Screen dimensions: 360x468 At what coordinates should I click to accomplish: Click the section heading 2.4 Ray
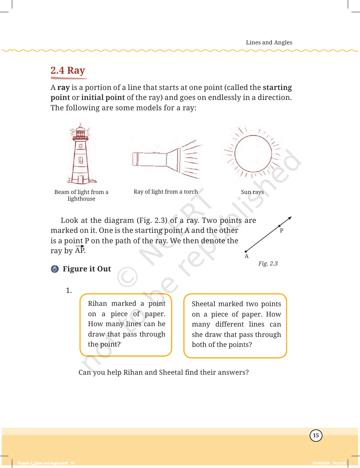(x=68, y=70)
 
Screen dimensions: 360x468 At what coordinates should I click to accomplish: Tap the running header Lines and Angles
(x=269, y=43)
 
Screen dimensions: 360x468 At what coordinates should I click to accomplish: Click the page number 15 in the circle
(x=316, y=435)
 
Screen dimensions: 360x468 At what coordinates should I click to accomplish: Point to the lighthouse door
(x=81, y=179)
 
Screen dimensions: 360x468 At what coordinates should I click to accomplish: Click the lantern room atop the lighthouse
(x=80, y=133)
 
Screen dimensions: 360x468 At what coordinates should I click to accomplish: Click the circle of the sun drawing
(x=253, y=154)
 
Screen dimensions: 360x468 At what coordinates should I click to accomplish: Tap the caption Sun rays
(x=252, y=192)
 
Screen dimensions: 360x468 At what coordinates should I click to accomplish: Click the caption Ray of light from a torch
(x=166, y=192)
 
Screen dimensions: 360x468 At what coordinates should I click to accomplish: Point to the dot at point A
(x=246, y=251)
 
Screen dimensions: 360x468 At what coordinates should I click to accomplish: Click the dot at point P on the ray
(x=279, y=226)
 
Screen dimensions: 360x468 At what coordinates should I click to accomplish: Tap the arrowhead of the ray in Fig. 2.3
(x=290, y=218)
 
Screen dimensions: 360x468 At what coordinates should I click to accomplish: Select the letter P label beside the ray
(x=281, y=231)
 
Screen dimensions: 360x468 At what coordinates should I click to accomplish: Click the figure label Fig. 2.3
(x=268, y=263)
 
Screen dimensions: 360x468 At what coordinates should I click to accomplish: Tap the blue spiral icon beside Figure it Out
(x=55, y=269)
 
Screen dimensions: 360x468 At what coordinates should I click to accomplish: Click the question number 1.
(x=69, y=291)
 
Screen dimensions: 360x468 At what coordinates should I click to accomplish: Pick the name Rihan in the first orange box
(x=97, y=304)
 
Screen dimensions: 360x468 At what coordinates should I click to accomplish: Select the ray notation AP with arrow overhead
(x=80, y=250)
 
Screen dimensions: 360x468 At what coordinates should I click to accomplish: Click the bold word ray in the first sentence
(x=64, y=88)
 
